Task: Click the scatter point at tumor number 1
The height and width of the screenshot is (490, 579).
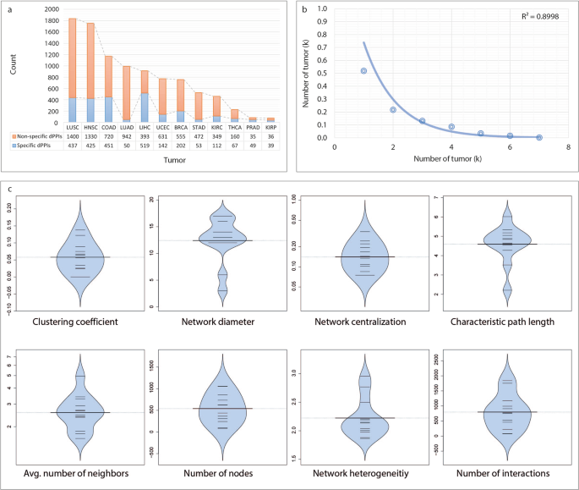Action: pyautogui.click(x=363, y=71)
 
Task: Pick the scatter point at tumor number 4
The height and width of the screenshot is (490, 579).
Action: pyautogui.click(x=452, y=127)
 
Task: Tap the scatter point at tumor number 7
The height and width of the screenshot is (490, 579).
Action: pyautogui.click(x=539, y=137)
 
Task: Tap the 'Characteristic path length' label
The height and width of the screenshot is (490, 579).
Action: pyautogui.click(x=505, y=322)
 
